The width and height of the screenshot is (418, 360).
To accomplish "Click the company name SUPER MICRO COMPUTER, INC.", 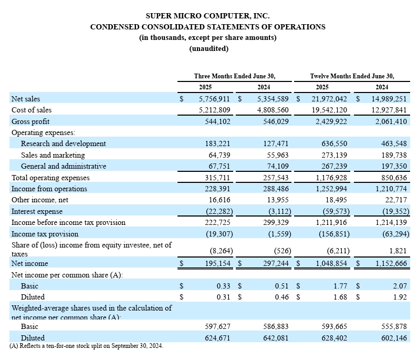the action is pos(207,16).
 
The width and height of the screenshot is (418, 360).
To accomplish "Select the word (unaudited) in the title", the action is pos(208,48).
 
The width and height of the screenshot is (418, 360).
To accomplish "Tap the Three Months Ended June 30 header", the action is pos(235,76).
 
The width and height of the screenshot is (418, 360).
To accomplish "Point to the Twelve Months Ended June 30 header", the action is pos(352,76).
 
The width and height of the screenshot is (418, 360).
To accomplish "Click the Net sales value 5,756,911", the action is pos(214,99).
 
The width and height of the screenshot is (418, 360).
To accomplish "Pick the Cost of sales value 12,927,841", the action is pos(389,110).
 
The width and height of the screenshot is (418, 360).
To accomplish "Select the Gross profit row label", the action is pos(30,121).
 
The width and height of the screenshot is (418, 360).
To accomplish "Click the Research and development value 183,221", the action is pos(217,143).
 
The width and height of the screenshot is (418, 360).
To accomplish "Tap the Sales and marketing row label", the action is pos(53,155).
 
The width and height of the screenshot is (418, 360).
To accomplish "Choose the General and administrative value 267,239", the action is pos(335,166).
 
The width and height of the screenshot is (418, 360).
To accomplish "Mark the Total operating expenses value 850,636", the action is pos(394,178).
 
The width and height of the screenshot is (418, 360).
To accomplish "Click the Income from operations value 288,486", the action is pos(276,189).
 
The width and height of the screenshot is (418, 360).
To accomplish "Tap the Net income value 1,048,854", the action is pos(331,263).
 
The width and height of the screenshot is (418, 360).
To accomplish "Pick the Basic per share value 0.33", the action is pos(223,286).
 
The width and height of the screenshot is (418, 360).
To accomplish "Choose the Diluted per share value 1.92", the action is pos(400,297).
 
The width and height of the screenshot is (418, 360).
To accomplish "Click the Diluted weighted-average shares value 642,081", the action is pos(276,338).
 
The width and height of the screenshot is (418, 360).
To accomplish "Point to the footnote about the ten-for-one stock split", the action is pos(86,346).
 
